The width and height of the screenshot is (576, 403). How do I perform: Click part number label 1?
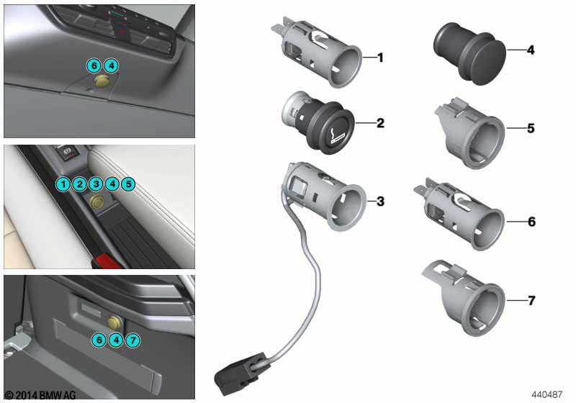pos(381,58)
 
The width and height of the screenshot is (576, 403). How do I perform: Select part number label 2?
pos(381,123)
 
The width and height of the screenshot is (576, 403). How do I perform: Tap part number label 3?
pos(381,201)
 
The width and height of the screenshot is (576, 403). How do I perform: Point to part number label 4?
pos(531,50)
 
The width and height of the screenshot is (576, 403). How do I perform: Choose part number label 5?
pos(531,129)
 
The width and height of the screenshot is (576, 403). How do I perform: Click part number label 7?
pos(531,301)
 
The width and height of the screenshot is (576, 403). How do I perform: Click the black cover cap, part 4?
pos(470,53)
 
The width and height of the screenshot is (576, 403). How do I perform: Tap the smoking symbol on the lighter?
pos(336,134)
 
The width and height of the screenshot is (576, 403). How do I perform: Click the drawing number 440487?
pos(546,394)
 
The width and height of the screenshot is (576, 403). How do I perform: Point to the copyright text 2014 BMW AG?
pos(40,395)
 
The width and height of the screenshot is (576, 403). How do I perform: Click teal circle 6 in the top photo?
pos(94,65)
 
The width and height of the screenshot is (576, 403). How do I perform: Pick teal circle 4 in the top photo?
pos(112,65)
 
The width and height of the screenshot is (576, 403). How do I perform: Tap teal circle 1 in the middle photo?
pos(63,184)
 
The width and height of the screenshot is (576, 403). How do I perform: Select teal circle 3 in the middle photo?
pos(96,184)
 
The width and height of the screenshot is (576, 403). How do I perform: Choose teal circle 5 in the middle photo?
pos(128,184)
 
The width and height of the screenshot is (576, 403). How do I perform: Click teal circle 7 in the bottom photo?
pos(132,340)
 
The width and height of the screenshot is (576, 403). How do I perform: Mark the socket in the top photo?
pos(101,81)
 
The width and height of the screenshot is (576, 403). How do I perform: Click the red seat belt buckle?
pos(107,261)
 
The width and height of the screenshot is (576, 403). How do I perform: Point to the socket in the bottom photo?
pos(115,322)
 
